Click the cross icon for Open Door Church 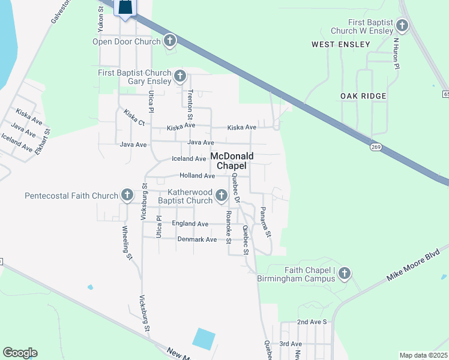(170, 41)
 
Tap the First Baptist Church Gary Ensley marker (180, 76)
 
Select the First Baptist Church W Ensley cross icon (402, 26)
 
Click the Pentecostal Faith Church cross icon (127, 195)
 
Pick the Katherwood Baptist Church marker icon (221, 195)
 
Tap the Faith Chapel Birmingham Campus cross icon (344, 274)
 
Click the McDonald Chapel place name (232, 160)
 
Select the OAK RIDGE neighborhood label (363, 96)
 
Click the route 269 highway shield (376, 148)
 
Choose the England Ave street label (190, 223)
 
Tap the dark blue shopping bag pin (125, 8)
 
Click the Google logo (20, 353)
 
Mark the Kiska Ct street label (134, 116)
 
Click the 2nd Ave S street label (312, 322)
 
